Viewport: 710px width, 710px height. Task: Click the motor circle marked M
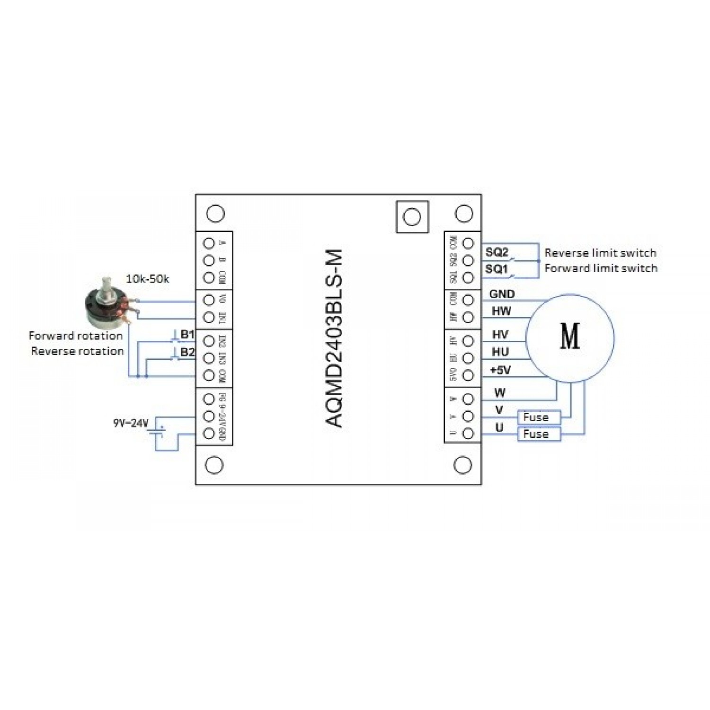[569, 337]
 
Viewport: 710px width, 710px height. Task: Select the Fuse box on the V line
[539, 417]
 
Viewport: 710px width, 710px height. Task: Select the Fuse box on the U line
[539, 434]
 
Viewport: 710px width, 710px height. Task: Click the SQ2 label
[497, 252]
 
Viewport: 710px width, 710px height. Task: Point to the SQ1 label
[497, 269]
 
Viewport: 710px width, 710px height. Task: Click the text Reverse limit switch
[600, 253]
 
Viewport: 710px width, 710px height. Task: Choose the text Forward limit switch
[601, 268]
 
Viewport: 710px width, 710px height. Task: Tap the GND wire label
[502, 294]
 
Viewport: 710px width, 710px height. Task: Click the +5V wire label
[500, 370]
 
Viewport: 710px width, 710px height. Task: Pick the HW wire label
[501, 311]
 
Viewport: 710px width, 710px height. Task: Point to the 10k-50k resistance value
[147, 279]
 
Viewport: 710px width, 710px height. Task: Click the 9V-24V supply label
[131, 423]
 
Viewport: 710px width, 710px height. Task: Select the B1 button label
[187, 334]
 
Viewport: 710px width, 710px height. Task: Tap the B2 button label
[187, 352]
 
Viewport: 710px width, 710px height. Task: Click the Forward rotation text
[76, 336]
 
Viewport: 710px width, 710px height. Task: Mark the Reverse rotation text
[77, 351]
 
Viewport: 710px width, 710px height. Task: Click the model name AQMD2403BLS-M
[334, 338]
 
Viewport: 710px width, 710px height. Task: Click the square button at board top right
[412, 217]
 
